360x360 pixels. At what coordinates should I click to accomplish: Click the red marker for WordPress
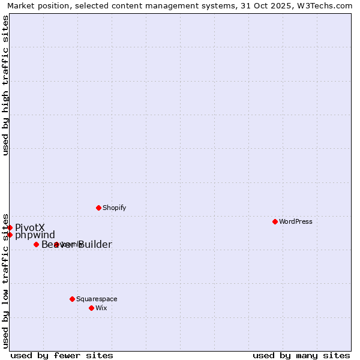tap(275, 221)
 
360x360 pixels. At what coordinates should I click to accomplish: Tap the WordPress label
tap(295, 221)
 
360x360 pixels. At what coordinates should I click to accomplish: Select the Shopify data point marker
tap(98, 208)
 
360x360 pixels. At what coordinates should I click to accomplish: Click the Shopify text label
tap(114, 208)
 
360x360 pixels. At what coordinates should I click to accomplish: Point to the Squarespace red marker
tap(72, 299)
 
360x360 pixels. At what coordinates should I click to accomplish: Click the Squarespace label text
tap(97, 299)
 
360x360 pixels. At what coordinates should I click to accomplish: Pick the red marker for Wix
tap(91, 308)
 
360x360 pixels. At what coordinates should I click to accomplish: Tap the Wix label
tap(101, 308)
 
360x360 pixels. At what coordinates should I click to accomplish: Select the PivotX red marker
tap(10, 227)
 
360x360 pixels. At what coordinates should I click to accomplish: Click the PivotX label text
tap(30, 227)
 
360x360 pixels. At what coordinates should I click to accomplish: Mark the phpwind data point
tap(10, 235)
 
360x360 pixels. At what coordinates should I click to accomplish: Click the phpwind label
tap(35, 235)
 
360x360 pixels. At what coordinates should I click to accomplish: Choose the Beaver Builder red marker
tap(36, 244)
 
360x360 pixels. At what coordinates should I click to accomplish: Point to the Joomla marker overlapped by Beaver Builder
tap(56, 244)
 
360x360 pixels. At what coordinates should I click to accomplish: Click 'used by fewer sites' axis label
tap(62, 355)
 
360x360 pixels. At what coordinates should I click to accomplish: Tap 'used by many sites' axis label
tap(301, 355)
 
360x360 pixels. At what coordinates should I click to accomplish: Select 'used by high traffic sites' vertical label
tap(6, 85)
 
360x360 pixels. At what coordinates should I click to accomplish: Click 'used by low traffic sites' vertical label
tap(6, 280)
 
